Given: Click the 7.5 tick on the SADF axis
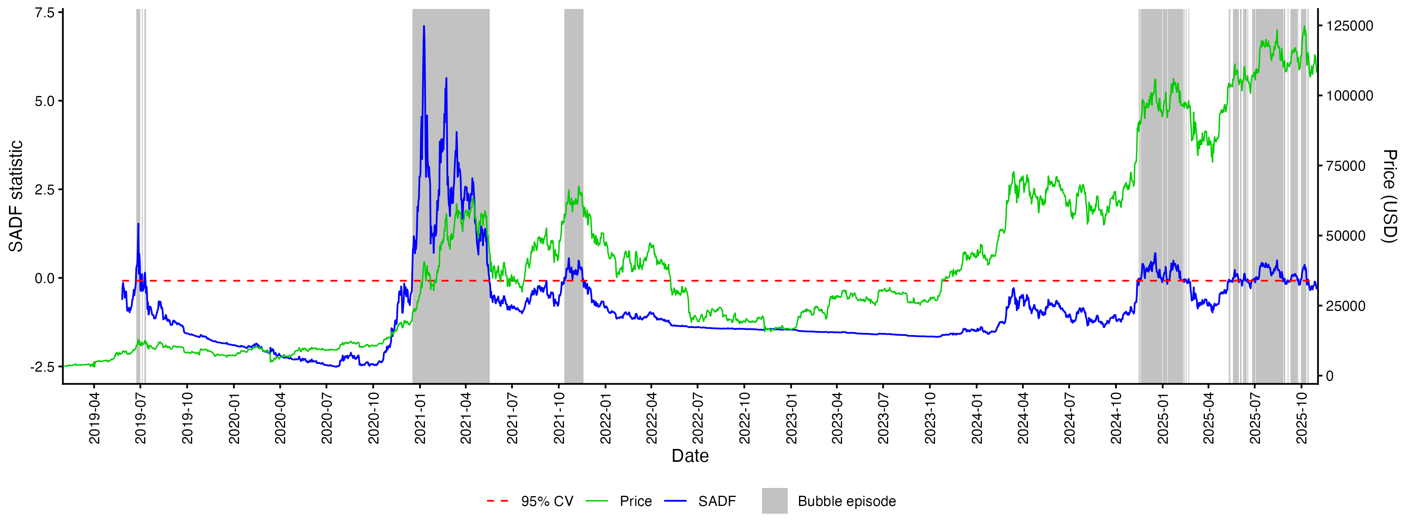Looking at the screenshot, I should click(45, 12).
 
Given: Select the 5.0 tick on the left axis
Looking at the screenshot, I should click(45, 101).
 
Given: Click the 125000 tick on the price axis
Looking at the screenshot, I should click(1350, 26).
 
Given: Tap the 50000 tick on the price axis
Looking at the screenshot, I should click(1346, 236).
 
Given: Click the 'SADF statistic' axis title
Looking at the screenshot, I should click(16, 196).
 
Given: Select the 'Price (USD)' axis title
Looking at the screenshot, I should click(1389, 196).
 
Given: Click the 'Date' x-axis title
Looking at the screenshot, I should click(690, 456).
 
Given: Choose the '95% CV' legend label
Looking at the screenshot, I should click(547, 501).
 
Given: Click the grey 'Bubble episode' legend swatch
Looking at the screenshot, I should click(774, 501).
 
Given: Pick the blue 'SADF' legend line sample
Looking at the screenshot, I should click(675, 501).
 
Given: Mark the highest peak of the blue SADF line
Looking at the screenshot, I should click(424, 26).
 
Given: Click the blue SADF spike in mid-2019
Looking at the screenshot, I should click(138, 224).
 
